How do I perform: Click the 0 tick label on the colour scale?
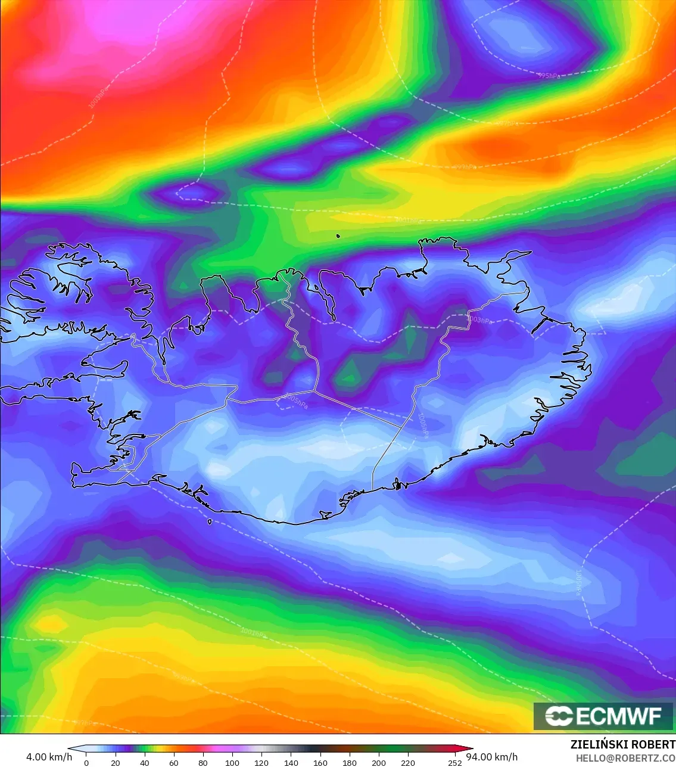(x=86, y=762)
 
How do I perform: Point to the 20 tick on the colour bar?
(x=116, y=762)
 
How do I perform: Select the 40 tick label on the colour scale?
(x=145, y=762)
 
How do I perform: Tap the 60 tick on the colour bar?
(x=174, y=762)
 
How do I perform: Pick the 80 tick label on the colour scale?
(x=203, y=762)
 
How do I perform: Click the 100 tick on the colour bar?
(x=232, y=762)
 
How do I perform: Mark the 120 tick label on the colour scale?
(x=261, y=762)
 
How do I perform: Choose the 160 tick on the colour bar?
(x=320, y=762)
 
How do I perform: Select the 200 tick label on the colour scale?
(x=379, y=762)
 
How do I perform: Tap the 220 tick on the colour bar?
(x=408, y=762)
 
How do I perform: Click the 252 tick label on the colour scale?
(x=455, y=762)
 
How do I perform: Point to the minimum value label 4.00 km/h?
(x=49, y=757)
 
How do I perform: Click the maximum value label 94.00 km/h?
(x=492, y=757)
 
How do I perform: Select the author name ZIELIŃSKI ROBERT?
(x=623, y=744)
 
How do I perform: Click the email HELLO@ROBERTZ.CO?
(x=625, y=758)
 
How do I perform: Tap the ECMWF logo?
(x=604, y=716)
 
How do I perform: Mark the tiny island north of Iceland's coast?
(x=338, y=236)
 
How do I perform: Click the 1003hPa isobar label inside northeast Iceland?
(x=479, y=320)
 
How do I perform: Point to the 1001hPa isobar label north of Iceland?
(x=409, y=221)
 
